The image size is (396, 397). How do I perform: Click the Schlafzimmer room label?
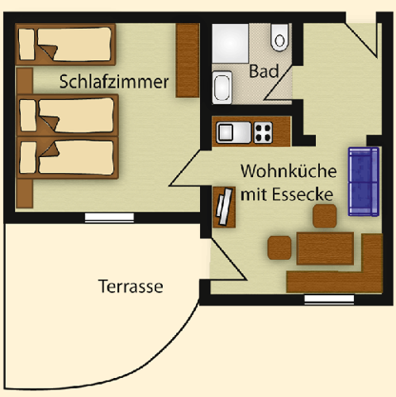(114, 82)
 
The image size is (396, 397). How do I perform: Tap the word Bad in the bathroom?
(264, 71)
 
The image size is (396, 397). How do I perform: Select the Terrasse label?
(131, 286)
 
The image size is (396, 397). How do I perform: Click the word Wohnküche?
(289, 171)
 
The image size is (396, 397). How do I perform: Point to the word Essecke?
(303, 194)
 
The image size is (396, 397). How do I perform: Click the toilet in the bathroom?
(279, 37)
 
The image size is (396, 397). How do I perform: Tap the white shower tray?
(230, 43)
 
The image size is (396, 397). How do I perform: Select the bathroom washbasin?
(222, 88)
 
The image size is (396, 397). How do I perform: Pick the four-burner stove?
(263, 132)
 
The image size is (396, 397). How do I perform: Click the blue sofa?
(364, 182)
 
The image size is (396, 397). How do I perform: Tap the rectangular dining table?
(325, 248)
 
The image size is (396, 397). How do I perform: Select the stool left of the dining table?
(279, 247)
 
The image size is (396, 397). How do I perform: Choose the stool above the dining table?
(325, 216)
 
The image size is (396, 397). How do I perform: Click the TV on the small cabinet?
(224, 206)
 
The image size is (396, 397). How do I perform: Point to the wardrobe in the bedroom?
(188, 60)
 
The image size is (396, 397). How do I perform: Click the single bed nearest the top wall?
(65, 45)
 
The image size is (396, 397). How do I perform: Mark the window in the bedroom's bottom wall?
(109, 218)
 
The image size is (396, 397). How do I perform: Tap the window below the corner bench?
(329, 299)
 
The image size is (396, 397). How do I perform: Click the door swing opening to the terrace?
(227, 259)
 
